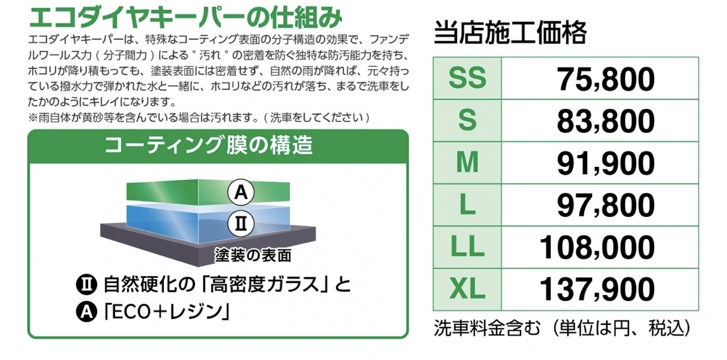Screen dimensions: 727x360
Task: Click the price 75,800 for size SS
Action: tap(606, 79)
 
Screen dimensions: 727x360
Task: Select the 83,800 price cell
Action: tap(606, 121)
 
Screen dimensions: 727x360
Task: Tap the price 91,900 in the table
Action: tap(606, 163)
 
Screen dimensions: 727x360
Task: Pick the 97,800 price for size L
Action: tap(606, 205)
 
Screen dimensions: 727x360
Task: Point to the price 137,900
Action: tap(597, 289)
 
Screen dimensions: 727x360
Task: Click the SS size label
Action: tap(467, 79)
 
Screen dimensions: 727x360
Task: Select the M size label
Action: tap(467, 163)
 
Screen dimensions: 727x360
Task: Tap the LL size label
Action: tap(467, 247)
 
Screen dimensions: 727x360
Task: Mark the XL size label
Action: tap(467, 289)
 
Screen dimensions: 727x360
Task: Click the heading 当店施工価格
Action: tap(511, 33)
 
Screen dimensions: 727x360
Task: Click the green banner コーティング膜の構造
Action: tap(218, 147)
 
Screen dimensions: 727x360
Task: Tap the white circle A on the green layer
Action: tap(241, 193)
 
